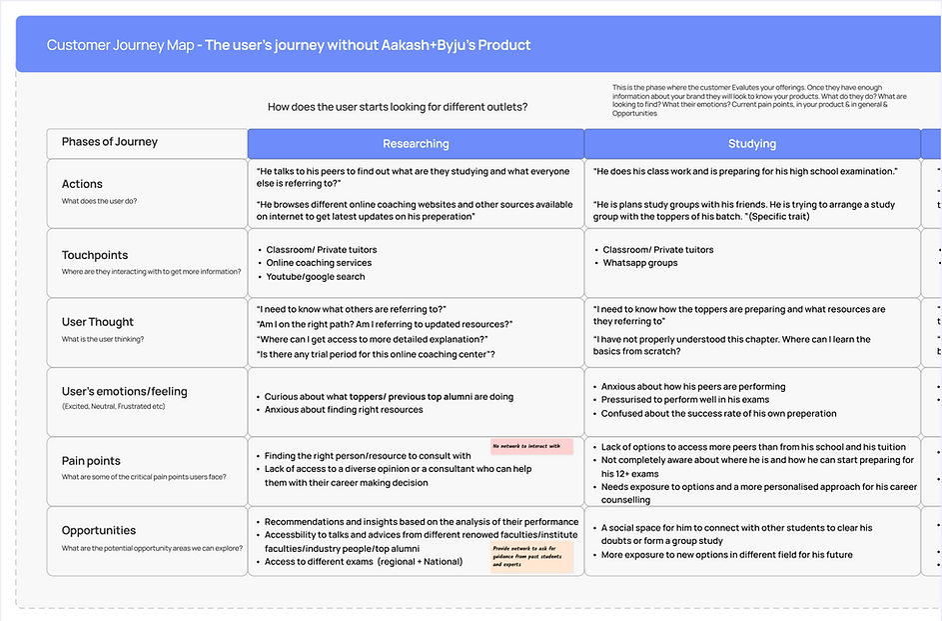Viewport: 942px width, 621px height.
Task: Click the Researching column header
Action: (416, 144)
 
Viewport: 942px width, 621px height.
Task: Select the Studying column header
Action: (751, 144)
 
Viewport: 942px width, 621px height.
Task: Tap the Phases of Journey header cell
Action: (110, 142)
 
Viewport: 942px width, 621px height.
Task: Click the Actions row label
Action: (82, 184)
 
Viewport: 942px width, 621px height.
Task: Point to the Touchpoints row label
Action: (95, 255)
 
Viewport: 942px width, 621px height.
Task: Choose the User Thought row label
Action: (98, 322)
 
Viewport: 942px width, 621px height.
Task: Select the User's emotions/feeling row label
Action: (124, 392)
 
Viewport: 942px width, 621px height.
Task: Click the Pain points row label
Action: (91, 461)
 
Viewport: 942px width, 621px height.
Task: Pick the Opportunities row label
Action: (99, 530)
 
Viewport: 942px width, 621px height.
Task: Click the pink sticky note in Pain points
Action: (531, 447)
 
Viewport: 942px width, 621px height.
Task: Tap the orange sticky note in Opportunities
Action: (531, 558)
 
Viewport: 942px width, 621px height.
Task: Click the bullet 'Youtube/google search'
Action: (316, 277)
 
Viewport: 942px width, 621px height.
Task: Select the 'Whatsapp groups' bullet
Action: (640, 263)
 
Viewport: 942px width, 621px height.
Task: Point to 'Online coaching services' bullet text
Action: (320, 263)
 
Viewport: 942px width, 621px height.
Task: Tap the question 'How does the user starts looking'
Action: (398, 107)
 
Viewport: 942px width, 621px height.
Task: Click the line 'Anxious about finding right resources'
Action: (344, 410)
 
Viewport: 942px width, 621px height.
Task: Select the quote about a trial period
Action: (377, 355)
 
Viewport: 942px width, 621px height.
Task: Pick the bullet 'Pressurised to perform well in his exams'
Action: (692, 400)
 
